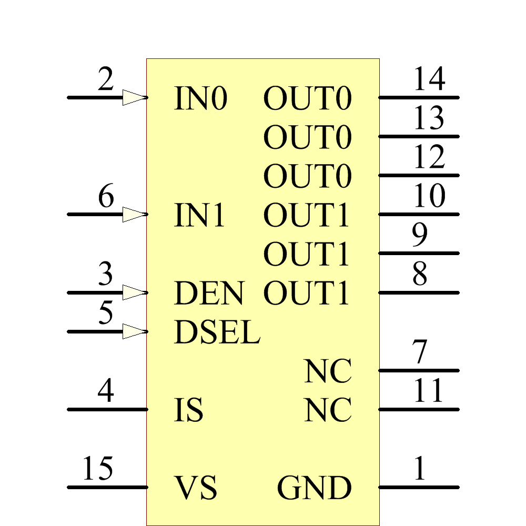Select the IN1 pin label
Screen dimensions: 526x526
click(199, 215)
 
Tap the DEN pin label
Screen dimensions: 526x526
click(209, 294)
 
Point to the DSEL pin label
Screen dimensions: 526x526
click(217, 332)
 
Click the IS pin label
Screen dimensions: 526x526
click(188, 410)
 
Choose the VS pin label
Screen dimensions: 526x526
click(195, 488)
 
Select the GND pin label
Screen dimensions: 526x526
click(314, 488)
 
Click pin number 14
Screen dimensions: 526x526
click(429, 80)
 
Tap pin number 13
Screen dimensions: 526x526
click(429, 119)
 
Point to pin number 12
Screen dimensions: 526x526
click(429, 158)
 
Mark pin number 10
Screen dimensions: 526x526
click(429, 197)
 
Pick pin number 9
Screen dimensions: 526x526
click(420, 236)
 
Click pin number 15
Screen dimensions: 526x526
click(98, 469)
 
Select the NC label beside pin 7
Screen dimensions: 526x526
click(328, 371)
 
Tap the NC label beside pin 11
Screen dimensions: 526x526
click(328, 410)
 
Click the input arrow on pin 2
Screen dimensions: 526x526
click(134, 97)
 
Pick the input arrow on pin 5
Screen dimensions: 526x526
click(134, 331)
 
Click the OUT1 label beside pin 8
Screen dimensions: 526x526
click(306, 294)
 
